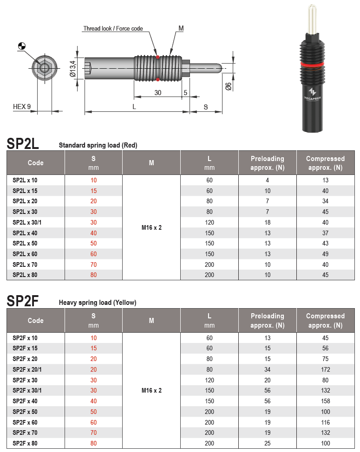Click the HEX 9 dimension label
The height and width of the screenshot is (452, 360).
21,107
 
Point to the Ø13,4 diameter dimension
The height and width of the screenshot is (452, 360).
73,68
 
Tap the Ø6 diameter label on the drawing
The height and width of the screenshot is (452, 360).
228,86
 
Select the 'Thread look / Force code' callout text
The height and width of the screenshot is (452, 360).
113,29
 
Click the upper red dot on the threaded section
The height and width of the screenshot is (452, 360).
158,57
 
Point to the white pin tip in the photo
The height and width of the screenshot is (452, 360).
310,19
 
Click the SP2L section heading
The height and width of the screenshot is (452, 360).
23,143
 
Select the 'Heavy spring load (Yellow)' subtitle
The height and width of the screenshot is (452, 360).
98,303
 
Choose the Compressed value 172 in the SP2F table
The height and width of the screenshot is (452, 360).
325,369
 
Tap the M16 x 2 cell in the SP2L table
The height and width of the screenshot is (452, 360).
151,228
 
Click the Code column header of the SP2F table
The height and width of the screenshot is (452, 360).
36,321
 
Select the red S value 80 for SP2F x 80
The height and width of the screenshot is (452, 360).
94,443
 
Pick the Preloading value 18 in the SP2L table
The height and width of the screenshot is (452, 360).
267,222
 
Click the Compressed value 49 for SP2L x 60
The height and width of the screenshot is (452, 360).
325,254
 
